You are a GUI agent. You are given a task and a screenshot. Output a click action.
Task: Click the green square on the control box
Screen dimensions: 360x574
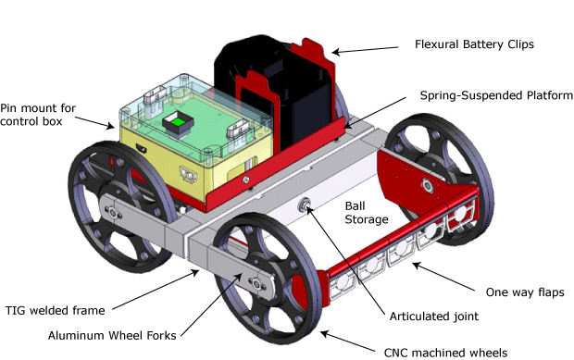point(173,121)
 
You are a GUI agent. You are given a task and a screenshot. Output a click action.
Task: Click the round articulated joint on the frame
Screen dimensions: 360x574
point(305,204)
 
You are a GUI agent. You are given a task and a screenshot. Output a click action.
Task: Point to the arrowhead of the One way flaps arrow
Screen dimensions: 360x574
point(410,264)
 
